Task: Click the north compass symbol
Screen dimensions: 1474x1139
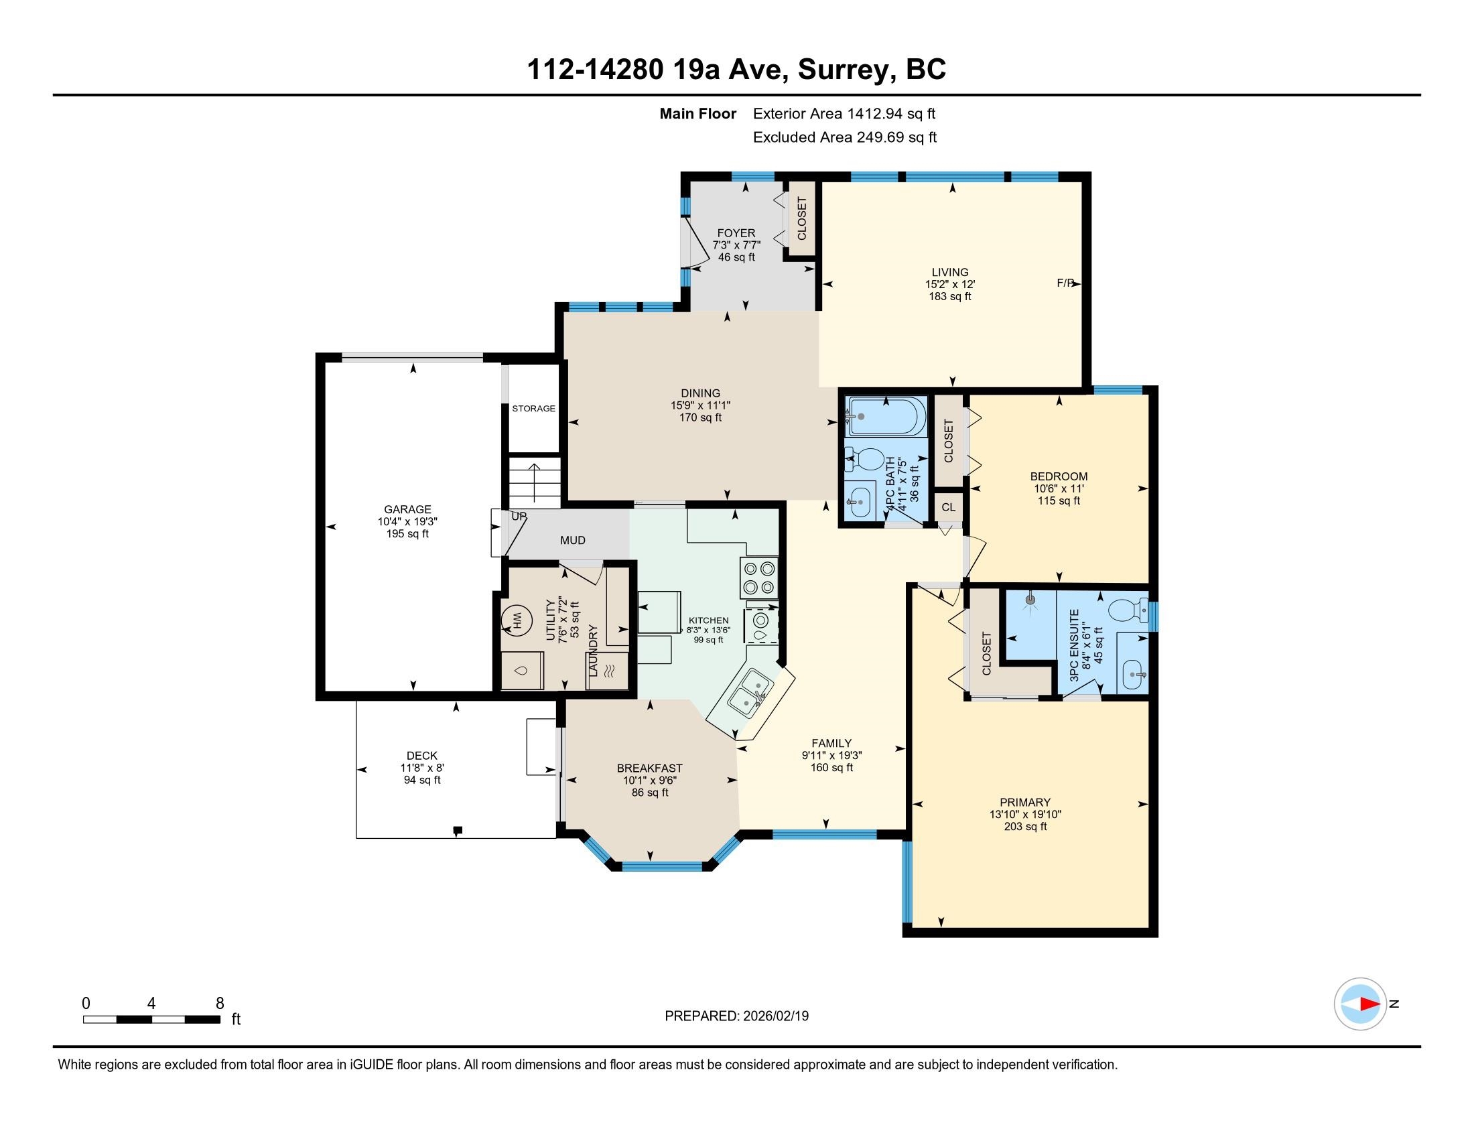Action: click(x=1360, y=1004)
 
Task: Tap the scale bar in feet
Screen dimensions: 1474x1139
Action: click(x=152, y=1019)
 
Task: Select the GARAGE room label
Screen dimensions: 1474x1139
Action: click(x=407, y=509)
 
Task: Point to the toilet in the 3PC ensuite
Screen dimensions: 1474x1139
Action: click(x=1129, y=610)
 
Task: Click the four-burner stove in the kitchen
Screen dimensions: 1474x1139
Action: click(x=759, y=577)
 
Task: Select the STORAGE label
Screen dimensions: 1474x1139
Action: click(x=533, y=408)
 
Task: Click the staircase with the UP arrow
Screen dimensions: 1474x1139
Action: click(x=535, y=482)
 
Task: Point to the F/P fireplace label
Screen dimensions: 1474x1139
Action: click(x=1065, y=283)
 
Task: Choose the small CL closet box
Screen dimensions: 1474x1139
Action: click(x=948, y=507)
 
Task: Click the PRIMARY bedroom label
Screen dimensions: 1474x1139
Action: click(x=1024, y=802)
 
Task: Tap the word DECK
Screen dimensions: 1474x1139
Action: click(x=422, y=756)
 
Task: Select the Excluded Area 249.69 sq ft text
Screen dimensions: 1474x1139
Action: click(x=845, y=137)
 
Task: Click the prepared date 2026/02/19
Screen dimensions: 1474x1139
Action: click(x=775, y=1016)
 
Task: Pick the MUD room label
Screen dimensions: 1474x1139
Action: click(x=572, y=541)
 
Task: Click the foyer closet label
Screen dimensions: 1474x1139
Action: click(x=802, y=218)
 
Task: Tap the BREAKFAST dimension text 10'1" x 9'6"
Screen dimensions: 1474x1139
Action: click(x=649, y=781)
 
